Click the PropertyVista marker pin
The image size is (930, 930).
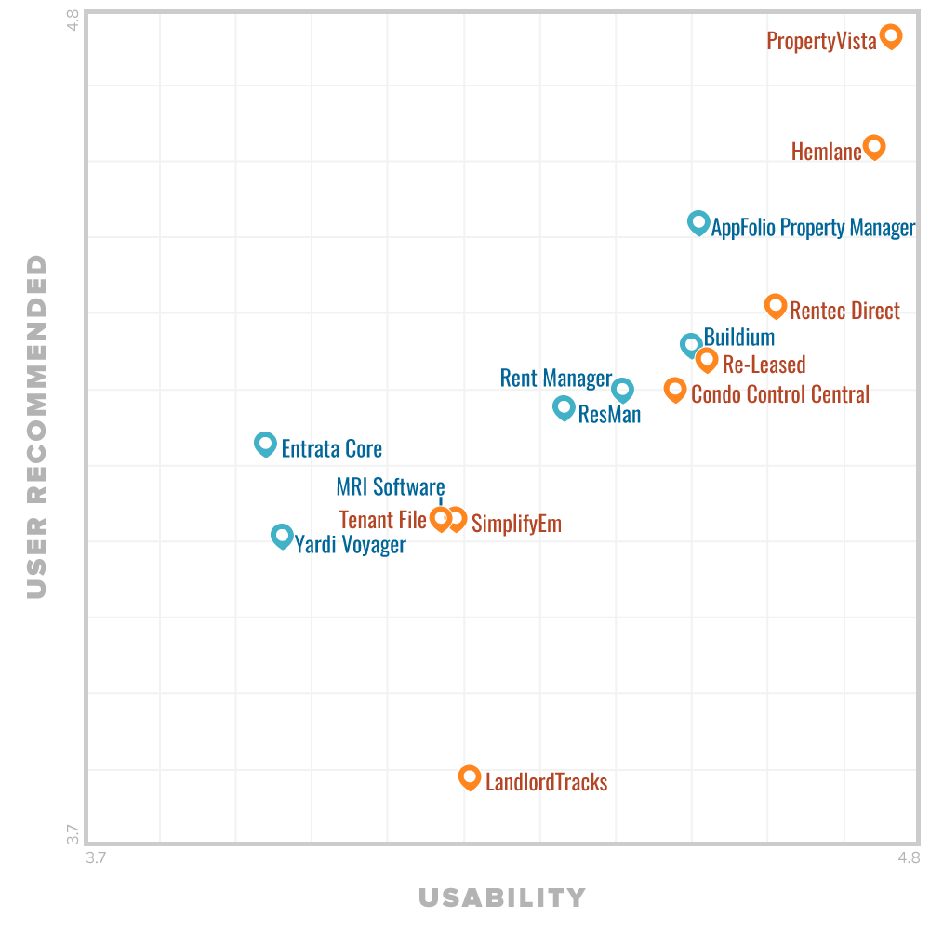(891, 36)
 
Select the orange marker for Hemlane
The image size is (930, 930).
(873, 146)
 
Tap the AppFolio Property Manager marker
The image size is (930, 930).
(698, 221)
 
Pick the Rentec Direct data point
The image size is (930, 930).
(775, 304)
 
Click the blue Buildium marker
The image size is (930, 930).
(690, 345)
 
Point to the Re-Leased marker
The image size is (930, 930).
(707, 359)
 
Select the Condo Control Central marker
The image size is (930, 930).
(675, 389)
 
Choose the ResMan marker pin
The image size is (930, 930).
(564, 406)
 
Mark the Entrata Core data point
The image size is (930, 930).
(265, 444)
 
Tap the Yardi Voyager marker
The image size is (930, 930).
(281, 535)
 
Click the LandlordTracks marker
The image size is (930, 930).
(470, 776)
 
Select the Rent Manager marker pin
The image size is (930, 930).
(622, 389)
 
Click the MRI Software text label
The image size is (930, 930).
(391, 486)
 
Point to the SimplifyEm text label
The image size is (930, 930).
(516, 524)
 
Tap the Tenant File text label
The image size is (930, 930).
(382, 519)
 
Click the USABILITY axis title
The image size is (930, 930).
(502, 897)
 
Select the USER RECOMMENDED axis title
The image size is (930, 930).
(36, 426)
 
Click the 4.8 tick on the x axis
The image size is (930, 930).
(909, 857)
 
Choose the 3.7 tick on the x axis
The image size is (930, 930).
(96, 857)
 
